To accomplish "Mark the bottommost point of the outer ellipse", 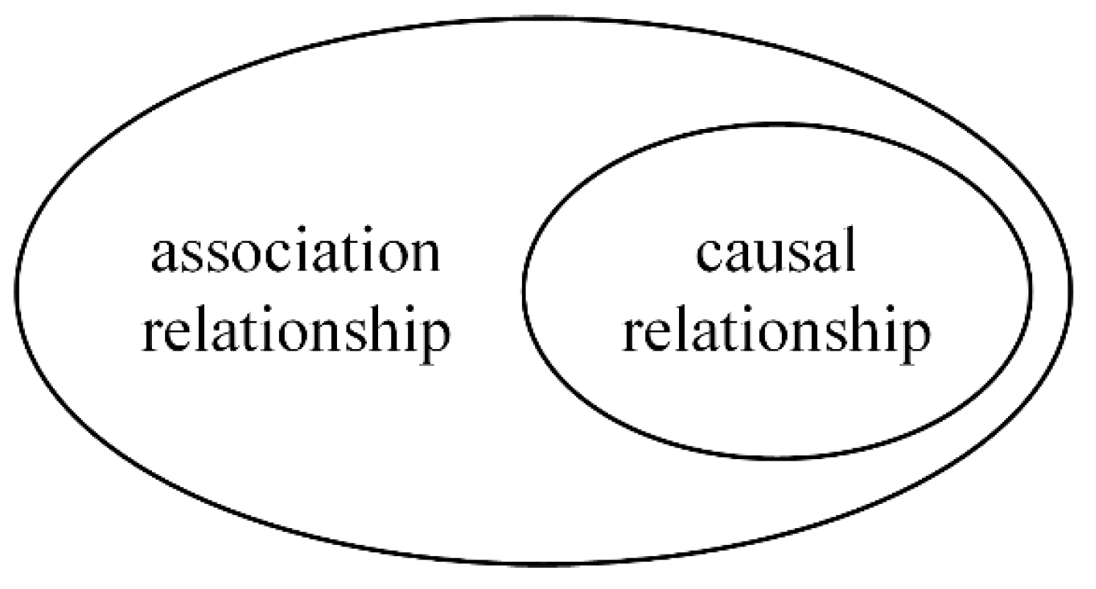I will [x=543, y=565].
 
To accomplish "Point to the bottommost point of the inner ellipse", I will [x=778, y=459].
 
